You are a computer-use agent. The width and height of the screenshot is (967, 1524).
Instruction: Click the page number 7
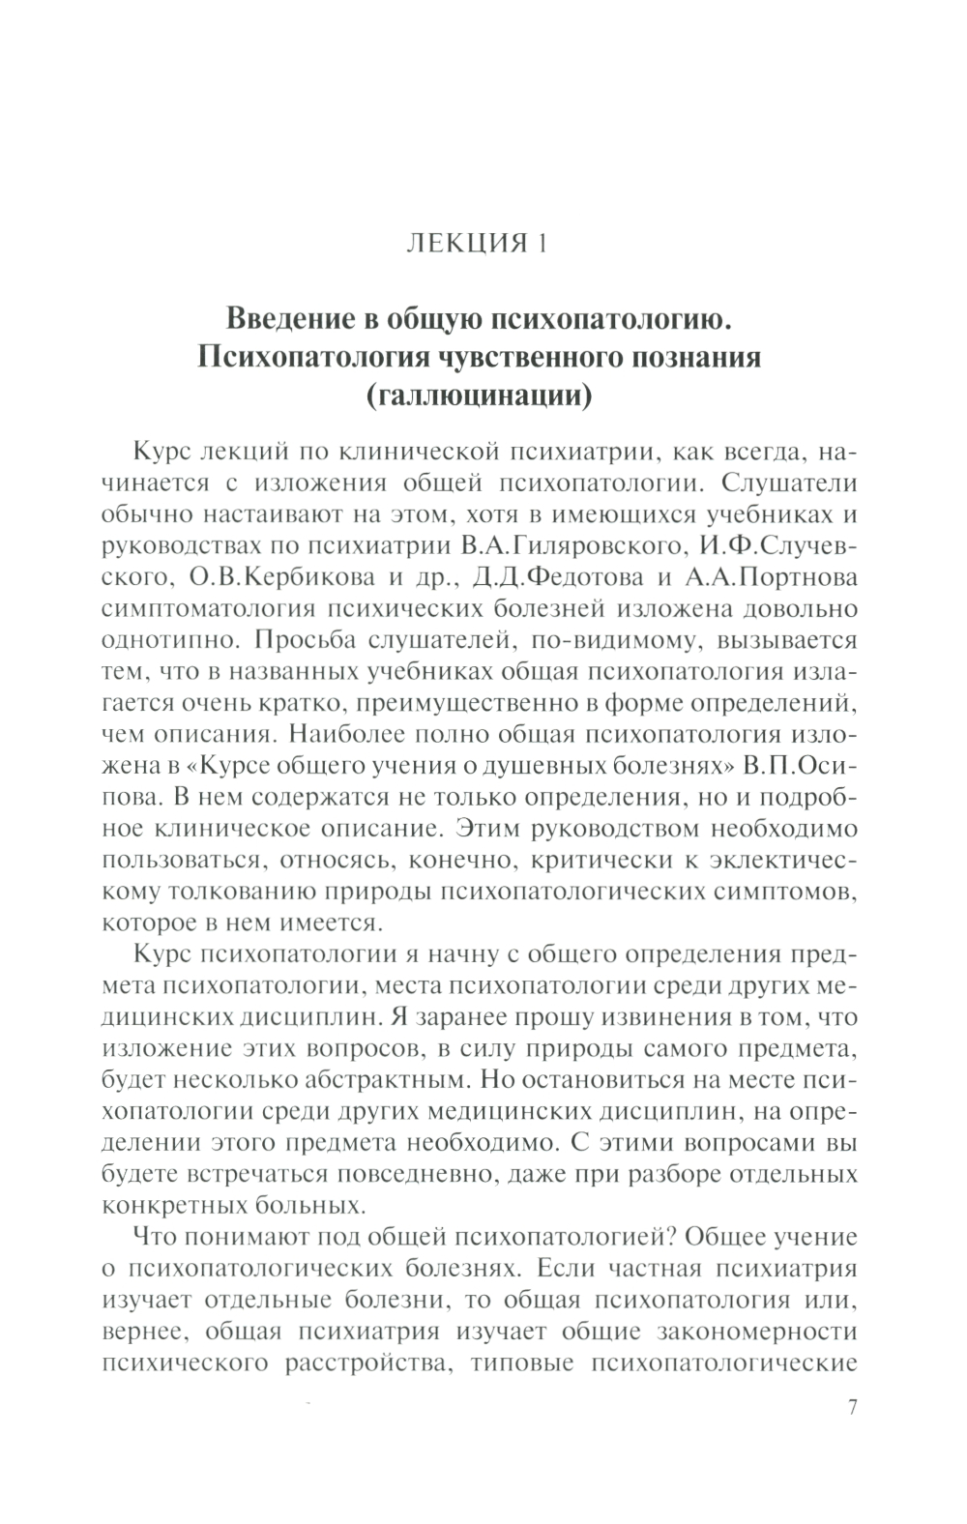pyautogui.click(x=852, y=1408)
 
